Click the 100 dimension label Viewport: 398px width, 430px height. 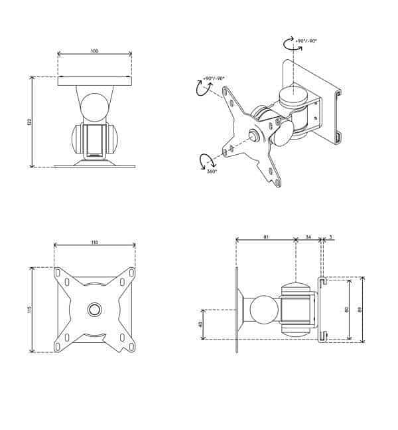point(94,51)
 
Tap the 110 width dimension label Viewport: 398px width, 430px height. point(94,243)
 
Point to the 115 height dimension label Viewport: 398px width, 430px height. point(29,310)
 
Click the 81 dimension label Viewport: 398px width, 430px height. point(265,236)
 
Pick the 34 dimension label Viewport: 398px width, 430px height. point(308,236)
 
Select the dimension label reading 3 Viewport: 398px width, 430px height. point(330,236)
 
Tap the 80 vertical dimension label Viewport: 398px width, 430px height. point(346,310)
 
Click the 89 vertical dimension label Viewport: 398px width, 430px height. point(360,310)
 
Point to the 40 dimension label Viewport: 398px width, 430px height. point(200,324)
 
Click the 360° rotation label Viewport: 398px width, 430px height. point(212,171)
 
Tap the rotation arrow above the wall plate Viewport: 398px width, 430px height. point(291,44)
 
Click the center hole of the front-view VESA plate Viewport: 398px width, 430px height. point(94,309)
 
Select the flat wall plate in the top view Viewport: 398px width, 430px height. point(94,81)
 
